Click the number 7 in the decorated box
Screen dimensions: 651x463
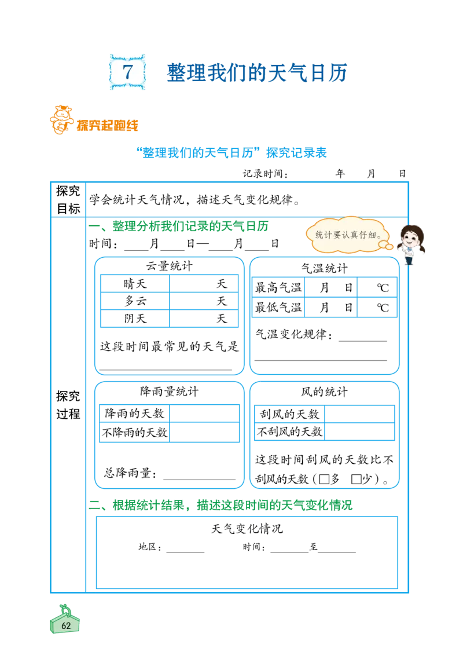click(x=128, y=72)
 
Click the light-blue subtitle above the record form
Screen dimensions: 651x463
click(x=231, y=153)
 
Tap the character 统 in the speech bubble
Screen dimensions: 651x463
click(x=319, y=235)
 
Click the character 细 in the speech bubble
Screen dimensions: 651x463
click(x=372, y=235)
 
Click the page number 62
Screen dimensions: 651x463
click(x=65, y=626)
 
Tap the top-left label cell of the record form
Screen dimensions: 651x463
click(x=69, y=199)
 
